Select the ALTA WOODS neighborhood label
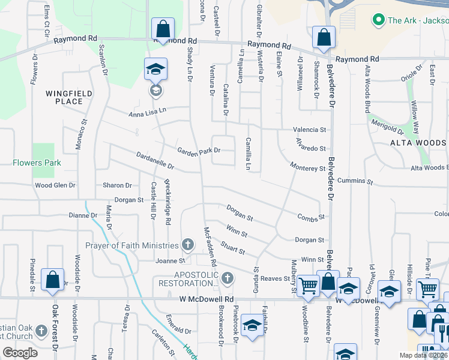[x=418, y=143]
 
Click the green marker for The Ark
[x=378, y=20]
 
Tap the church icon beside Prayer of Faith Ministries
[x=188, y=245]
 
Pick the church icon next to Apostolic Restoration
[x=227, y=278]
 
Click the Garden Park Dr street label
[x=198, y=151]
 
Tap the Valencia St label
[x=309, y=130]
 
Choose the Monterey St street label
[x=307, y=169]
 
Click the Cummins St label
[x=355, y=181]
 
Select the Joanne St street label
[x=170, y=261]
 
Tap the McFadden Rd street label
[x=209, y=246]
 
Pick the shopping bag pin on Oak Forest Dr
[x=52, y=280]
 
